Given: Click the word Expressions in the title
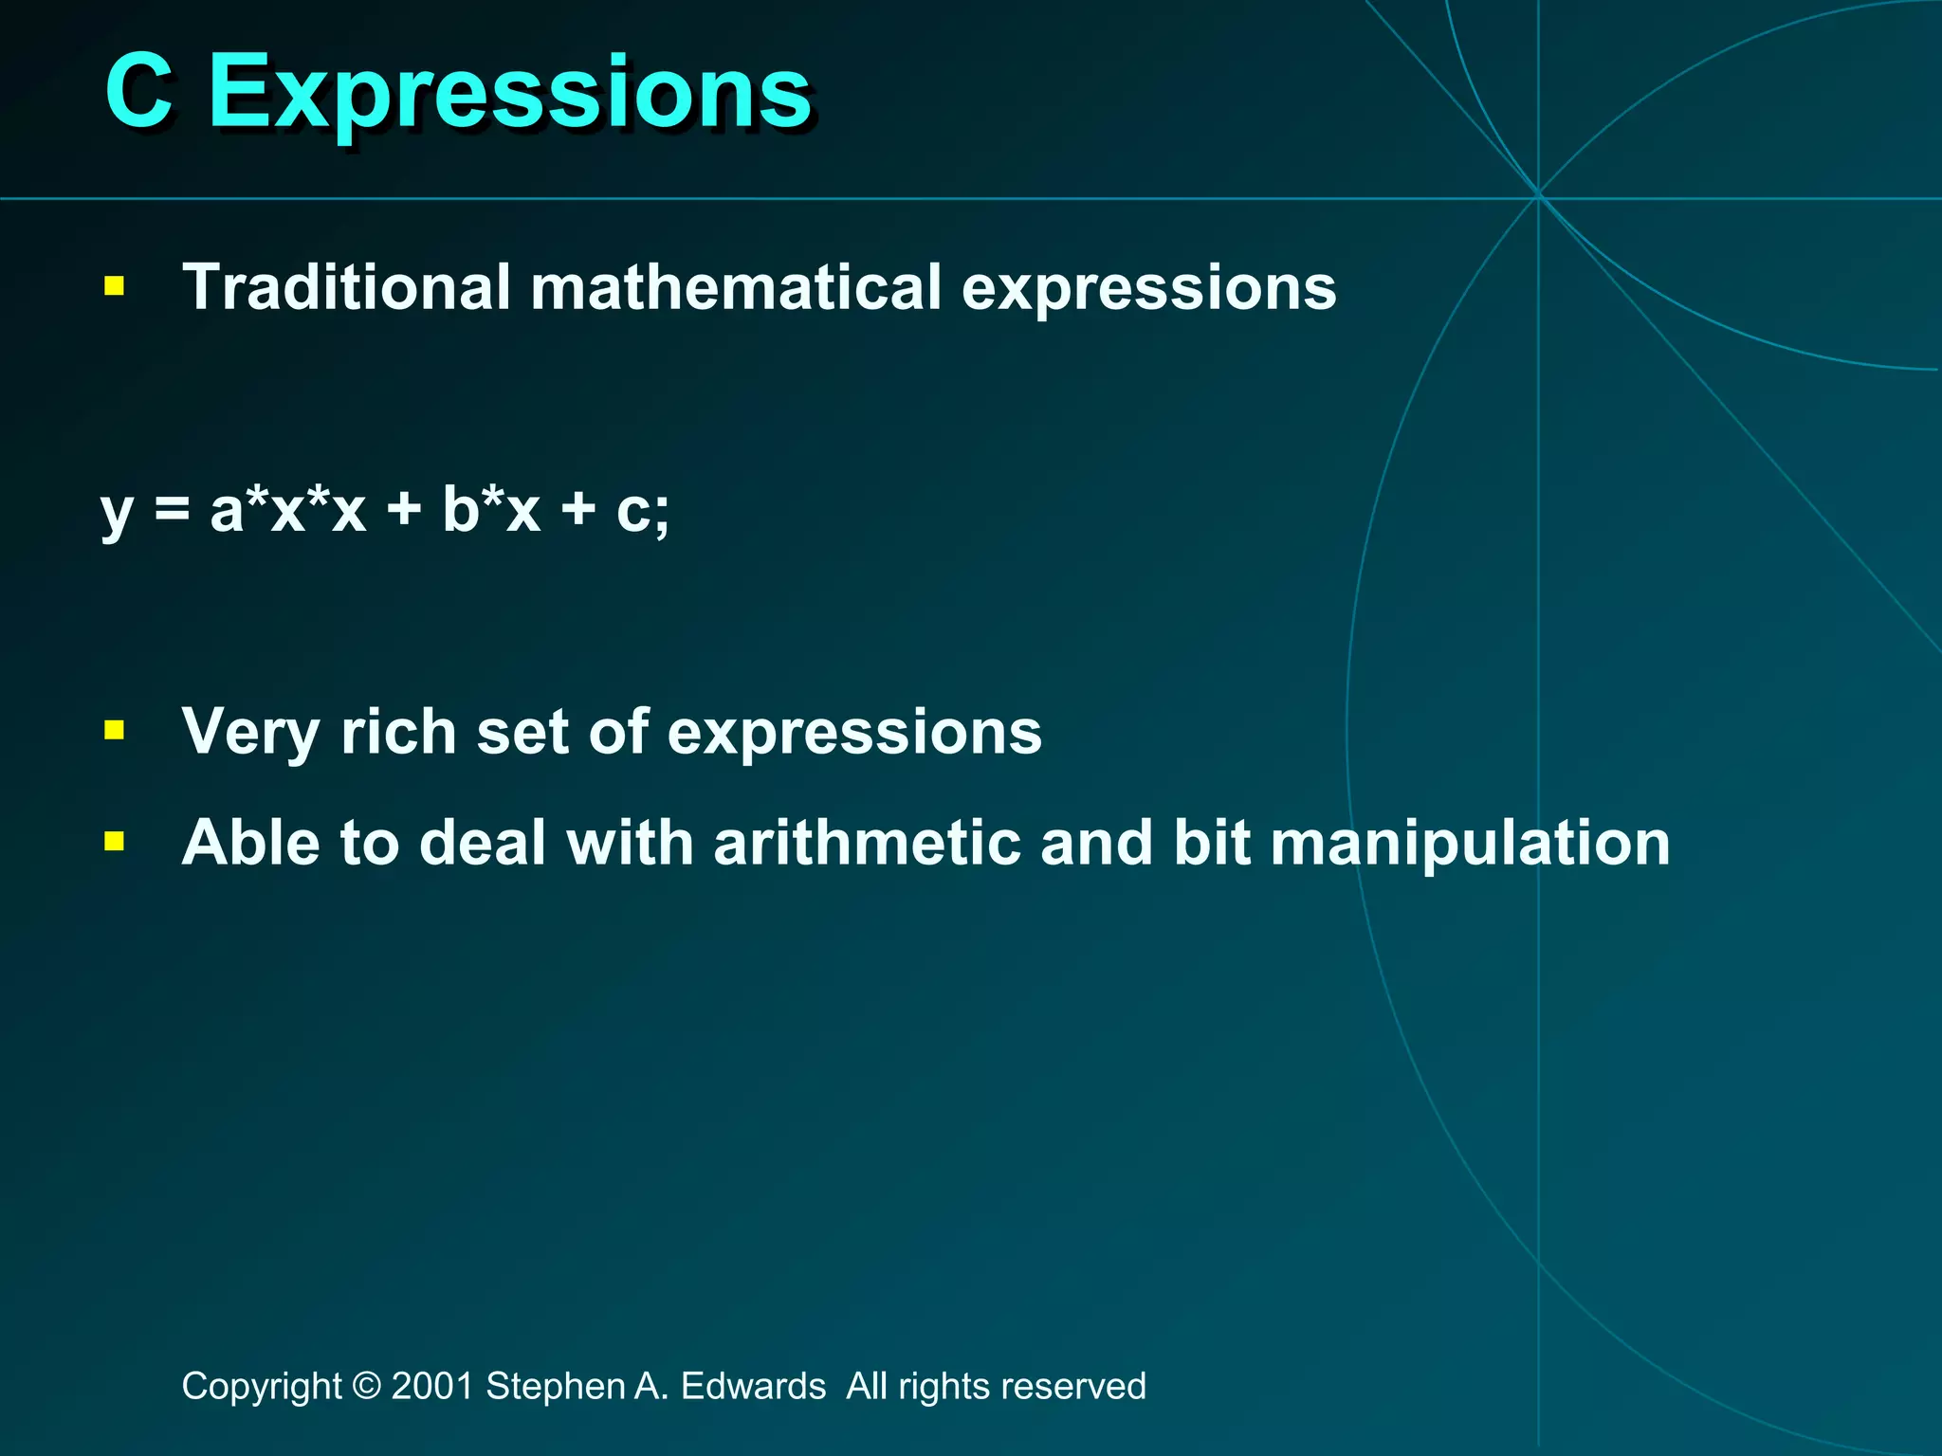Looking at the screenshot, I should point(509,93).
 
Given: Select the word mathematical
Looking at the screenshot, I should point(736,287).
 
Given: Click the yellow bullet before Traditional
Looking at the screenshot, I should point(115,286).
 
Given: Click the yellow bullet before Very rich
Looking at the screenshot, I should point(115,730).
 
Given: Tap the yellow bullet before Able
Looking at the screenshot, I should point(115,841).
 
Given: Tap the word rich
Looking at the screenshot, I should point(398,732).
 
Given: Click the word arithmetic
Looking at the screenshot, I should point(867,843).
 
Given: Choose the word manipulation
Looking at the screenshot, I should point(1470,843).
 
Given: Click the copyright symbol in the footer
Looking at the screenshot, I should point(366,1386).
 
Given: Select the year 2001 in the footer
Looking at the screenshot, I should point(432,1386).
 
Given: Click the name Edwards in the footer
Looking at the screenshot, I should point(753,1386).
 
